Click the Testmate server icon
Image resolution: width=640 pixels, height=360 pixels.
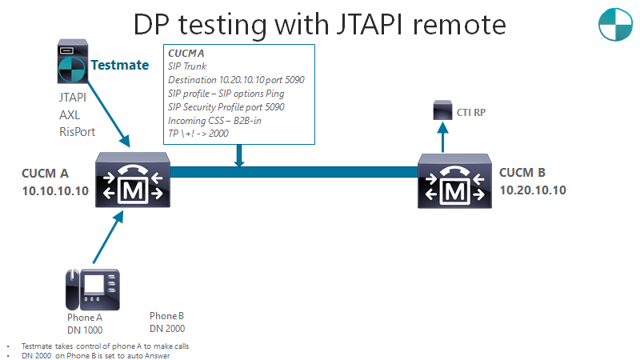click(72, 63)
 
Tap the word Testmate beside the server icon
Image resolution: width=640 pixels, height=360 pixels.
click(119, 65)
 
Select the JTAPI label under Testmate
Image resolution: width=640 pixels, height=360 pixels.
click(73, 97)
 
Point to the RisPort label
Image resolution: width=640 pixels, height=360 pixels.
click(77, 131)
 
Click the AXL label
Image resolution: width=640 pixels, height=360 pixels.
click(70, 114)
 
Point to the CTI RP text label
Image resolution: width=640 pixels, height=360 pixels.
click(471, 113)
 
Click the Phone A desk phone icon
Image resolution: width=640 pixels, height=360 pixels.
click(91, 289)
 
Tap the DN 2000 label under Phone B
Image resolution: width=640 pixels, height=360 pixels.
click(166, 328)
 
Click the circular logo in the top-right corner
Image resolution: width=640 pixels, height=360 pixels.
click(615, 25)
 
